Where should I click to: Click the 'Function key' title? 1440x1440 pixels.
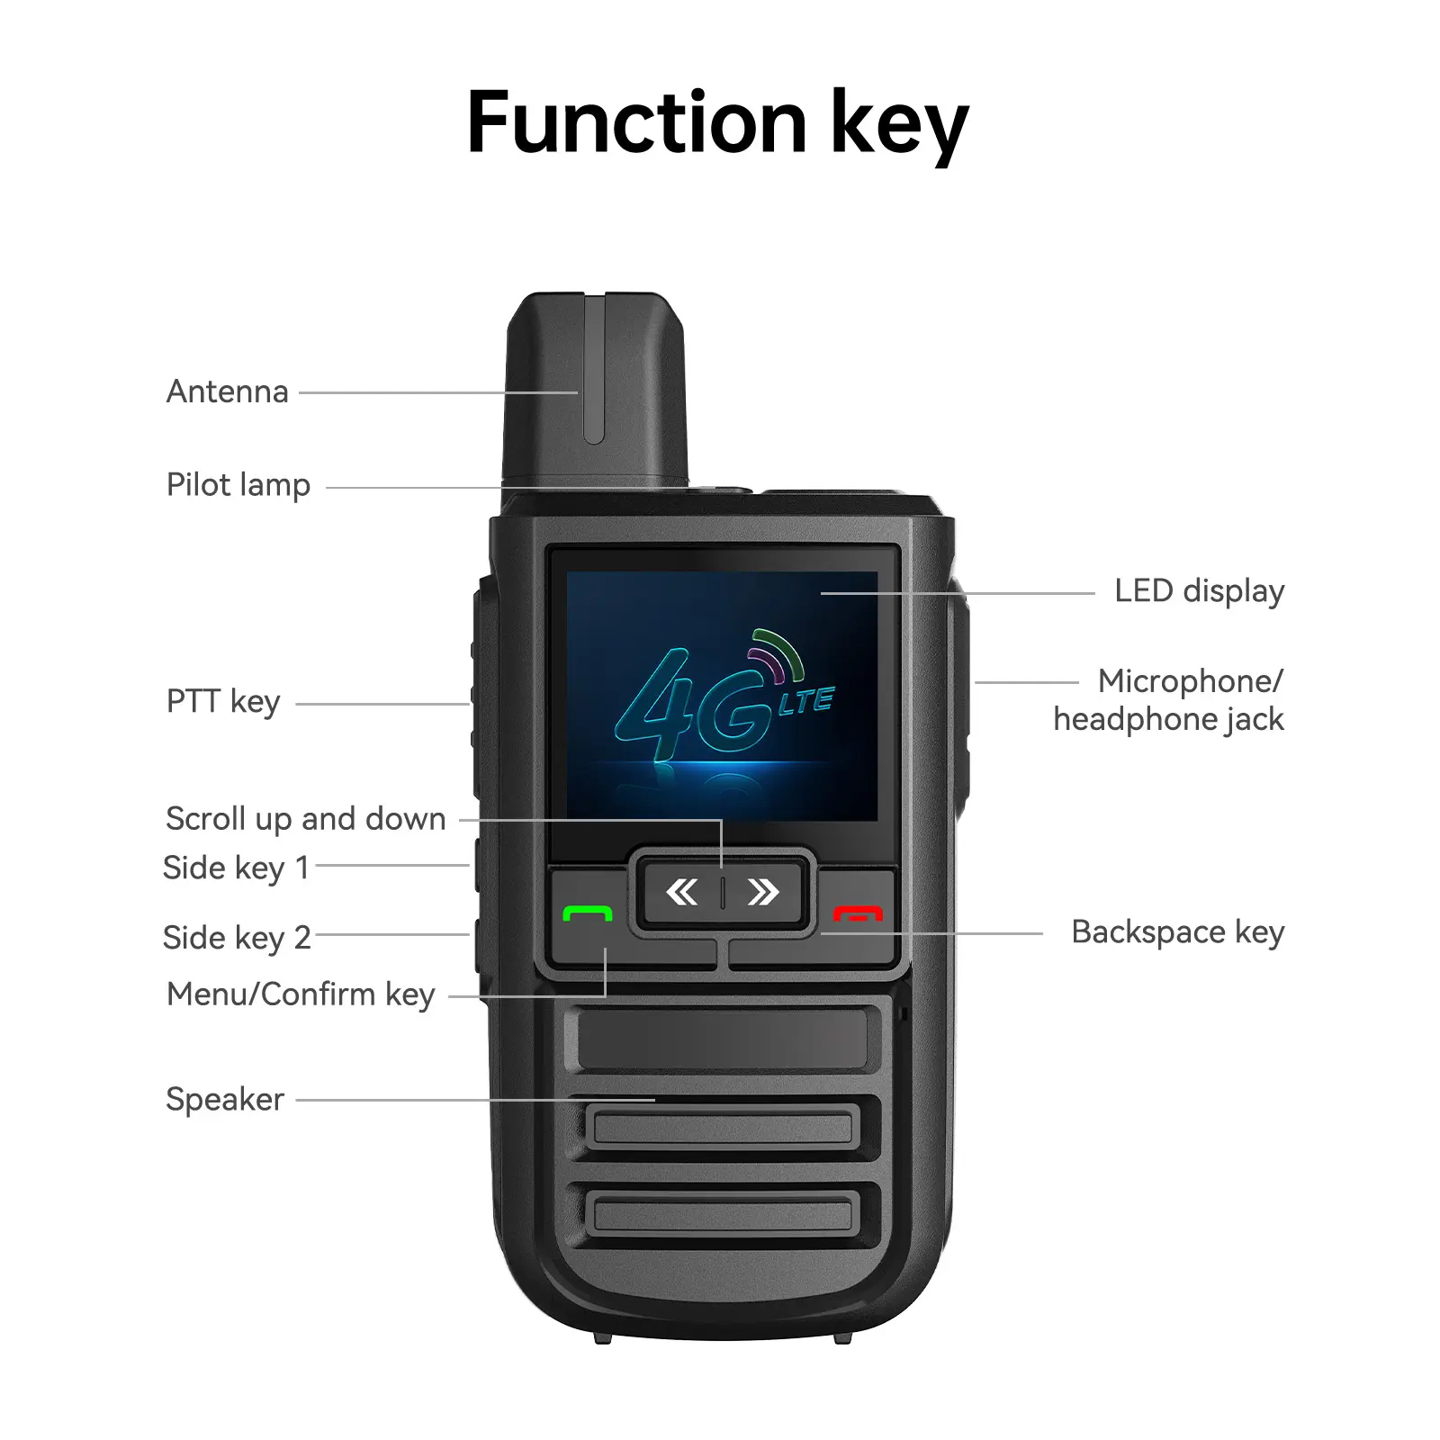point(717,124)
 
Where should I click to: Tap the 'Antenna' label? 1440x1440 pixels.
point(228,391)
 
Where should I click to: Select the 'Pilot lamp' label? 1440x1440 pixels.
point(238,485)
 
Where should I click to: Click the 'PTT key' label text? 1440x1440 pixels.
point(223,701)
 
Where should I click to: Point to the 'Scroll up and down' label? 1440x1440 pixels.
point(306,819)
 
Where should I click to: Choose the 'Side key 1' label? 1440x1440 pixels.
point(236,868)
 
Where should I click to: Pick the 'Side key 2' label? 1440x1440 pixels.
point(237,938)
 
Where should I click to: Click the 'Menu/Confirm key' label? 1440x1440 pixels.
point(301,994)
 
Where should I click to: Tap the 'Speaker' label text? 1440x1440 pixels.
point(225,1099)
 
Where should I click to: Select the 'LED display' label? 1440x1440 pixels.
point(1200,591)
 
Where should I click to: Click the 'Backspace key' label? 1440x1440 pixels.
point(1178,932)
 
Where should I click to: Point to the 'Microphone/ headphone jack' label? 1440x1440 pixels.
point(1169,700)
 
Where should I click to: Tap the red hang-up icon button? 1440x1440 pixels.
point(858,913)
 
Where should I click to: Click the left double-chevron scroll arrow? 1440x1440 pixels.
point(681,892)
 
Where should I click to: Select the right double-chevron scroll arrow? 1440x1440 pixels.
point(763,892)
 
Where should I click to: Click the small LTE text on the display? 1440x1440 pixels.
point(806,701)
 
